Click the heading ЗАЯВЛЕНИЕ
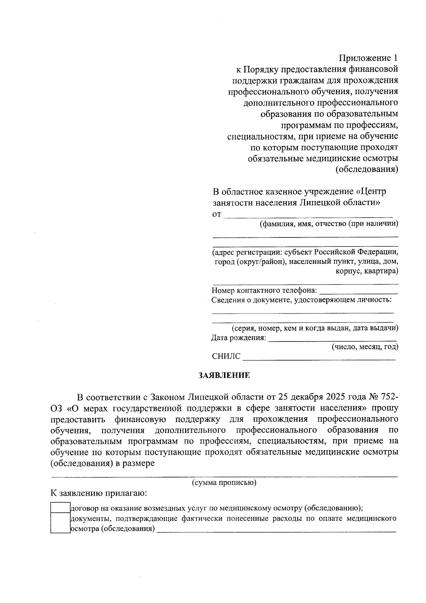[224, 375]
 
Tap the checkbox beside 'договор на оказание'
[60, 507]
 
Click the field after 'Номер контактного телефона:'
[358, 291]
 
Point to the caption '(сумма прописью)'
[224, 483]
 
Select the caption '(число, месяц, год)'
[365, 347]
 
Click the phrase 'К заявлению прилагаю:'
[99, 494]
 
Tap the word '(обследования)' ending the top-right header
[367, 169]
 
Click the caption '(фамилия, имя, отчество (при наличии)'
[329, 224]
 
